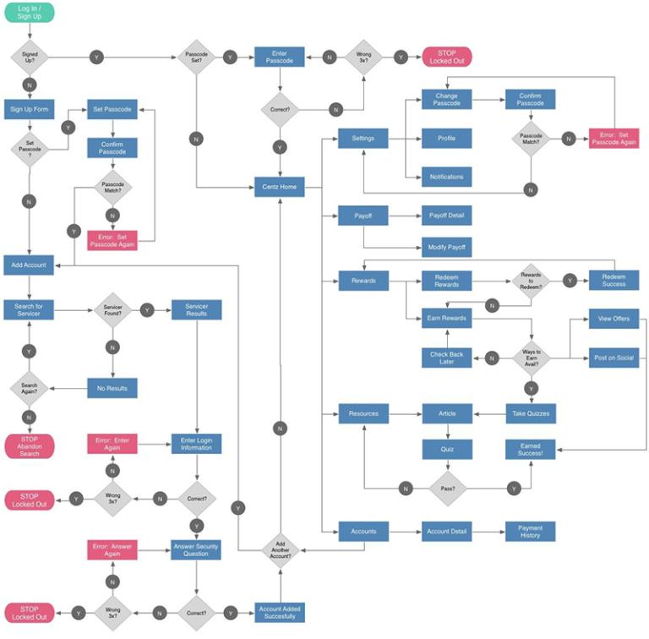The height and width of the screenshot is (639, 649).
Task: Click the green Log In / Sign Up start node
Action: (29, 12)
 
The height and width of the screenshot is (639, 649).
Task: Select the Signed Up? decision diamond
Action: (29, 57)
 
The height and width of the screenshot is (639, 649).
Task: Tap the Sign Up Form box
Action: (29, 110)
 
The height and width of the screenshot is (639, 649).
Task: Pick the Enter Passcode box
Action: (280, 57)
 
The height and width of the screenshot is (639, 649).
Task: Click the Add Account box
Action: (29, 265)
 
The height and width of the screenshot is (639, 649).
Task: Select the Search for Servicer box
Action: (29, 309)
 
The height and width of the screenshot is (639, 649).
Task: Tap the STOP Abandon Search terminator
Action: (29, 446)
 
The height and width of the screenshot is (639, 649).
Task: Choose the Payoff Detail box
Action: (447, 216)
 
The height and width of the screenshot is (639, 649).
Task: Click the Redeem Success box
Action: (614, 280)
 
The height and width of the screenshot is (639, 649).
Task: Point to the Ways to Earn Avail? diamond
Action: (531, 358)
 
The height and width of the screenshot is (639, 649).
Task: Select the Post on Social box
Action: (614, 358)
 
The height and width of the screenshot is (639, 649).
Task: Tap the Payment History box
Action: (531, 531)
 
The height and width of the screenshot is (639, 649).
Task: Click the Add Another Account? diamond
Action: (280, 549)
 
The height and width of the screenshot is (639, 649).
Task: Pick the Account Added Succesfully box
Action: (280, 612)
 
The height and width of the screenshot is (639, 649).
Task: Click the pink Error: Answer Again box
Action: (112, 549)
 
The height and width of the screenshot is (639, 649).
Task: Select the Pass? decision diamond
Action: (447, 488)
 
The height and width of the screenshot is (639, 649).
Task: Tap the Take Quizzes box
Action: (531, 413)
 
